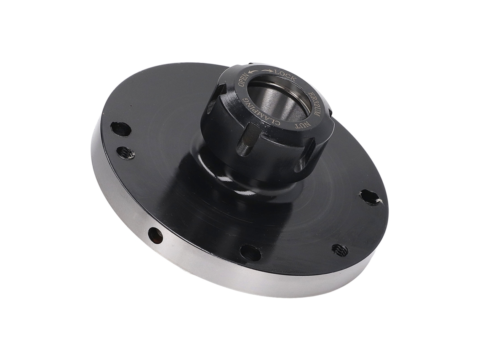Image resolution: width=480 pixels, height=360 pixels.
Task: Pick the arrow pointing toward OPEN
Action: tap(253, 72)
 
